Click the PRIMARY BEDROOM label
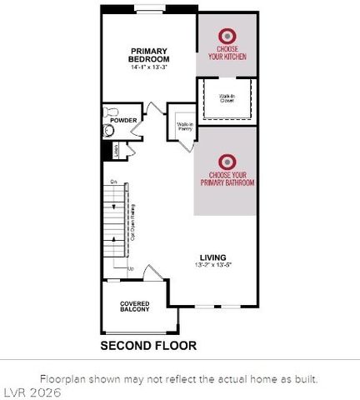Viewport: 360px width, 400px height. click(x=149, y=54)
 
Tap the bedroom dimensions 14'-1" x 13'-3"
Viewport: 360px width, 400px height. click(x=149, y=67)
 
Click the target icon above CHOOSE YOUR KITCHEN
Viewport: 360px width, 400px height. click(x=226, y=36)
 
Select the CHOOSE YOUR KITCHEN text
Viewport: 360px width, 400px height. click(x=227, y=54)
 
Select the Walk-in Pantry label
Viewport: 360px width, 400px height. click(x=184, y=127)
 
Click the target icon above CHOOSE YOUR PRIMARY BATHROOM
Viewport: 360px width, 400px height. click(x=226, y=161)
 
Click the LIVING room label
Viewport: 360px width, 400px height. click(x=212, y=257)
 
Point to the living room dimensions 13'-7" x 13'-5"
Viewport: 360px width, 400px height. click(x=212, y=266)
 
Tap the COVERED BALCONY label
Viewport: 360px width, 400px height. click(x=134, y=307)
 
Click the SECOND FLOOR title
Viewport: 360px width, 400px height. click(x=148, y=344)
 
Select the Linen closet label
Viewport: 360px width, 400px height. click(x=117, y=149)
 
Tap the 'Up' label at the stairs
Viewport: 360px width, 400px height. click(x=130, y=268)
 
